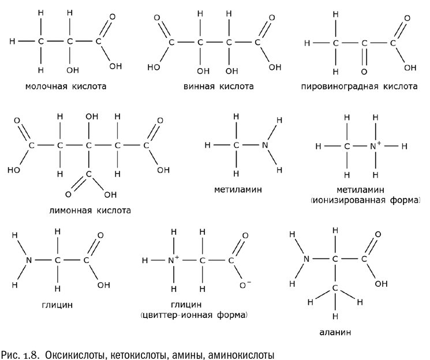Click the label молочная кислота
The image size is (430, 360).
coord(66,88)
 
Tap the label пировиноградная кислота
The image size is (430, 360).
coord(359,88)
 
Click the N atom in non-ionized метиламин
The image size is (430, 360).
coord(265,145)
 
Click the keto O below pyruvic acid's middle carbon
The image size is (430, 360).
coord(364,71)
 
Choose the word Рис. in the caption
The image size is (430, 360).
coord(13,351)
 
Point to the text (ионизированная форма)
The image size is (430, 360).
coord(364,200)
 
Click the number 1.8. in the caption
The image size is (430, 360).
coord(33,351)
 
